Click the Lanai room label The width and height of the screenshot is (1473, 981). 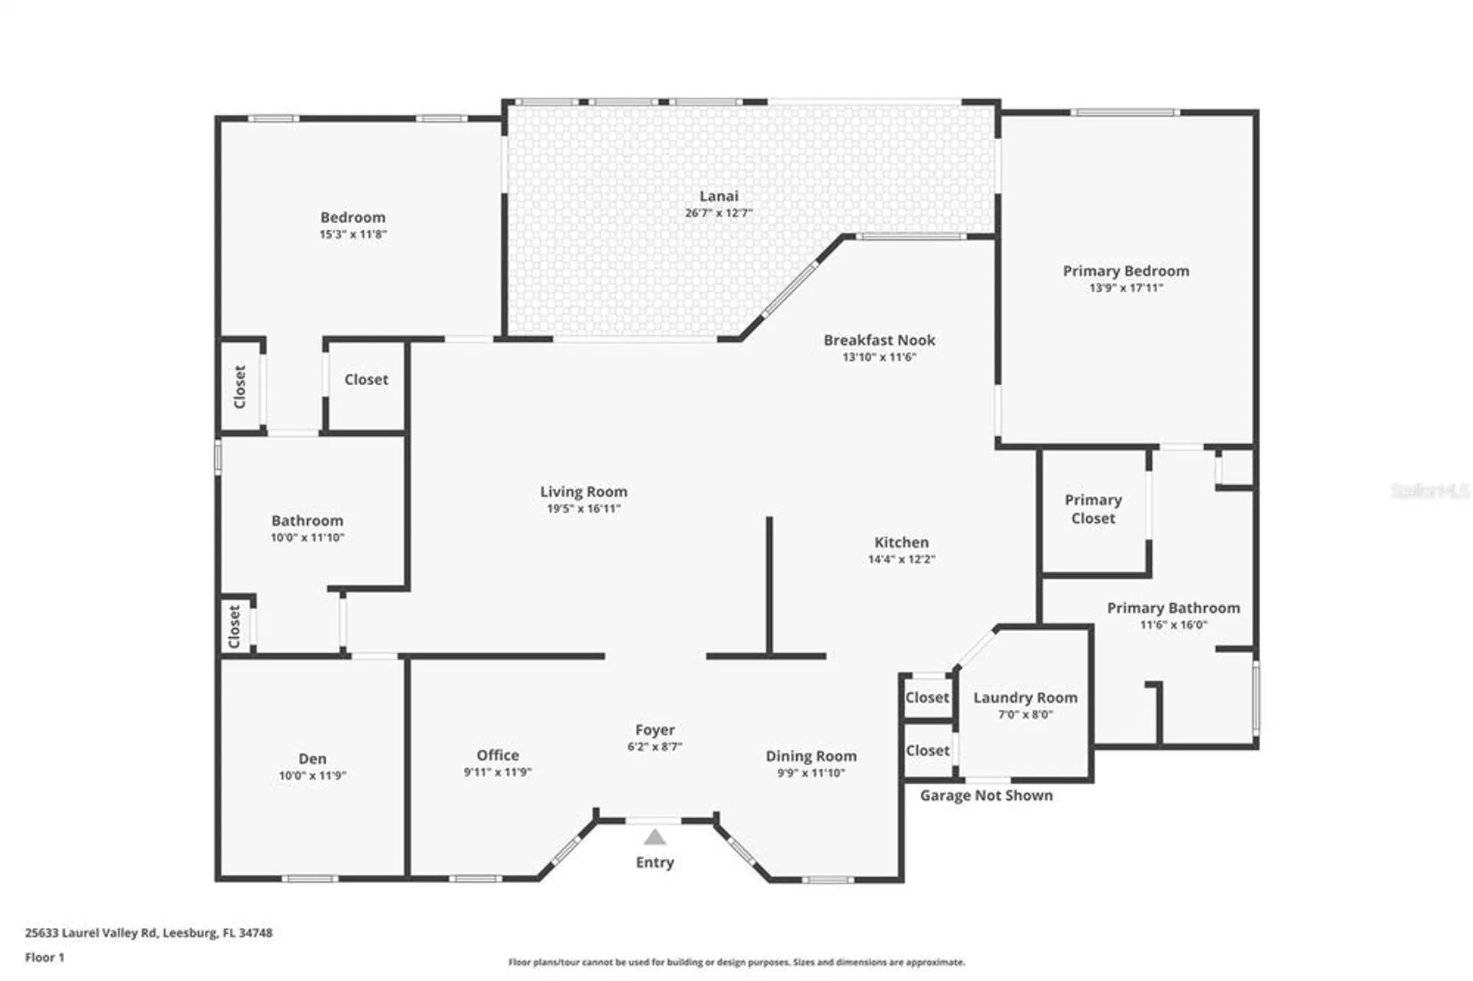point(718,196)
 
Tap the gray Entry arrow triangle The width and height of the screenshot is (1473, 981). point(655,837)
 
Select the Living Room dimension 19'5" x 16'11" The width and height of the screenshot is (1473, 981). point(583,509)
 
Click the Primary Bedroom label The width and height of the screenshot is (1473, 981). point(1125,271)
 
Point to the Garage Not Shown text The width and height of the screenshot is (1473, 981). point(986,795)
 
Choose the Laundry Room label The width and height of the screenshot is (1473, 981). point(1025,697)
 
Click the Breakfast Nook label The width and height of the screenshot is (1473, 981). point(879,340)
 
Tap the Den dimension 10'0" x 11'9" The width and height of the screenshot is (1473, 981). point(312,776)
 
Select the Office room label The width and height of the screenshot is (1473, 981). point(497,755)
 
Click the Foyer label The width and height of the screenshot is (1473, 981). point(655,730)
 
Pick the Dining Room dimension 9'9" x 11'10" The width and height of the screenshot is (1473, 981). point(811,773)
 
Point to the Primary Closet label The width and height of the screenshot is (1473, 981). point(1093,509)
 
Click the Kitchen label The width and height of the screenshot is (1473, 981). point(901,542)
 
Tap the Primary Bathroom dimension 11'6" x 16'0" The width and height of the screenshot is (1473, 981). point(1173,625)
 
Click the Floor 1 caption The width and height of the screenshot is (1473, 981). point(45,957)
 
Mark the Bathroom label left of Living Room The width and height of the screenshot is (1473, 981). point(307,521)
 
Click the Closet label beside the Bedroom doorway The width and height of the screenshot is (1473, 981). point(366,379)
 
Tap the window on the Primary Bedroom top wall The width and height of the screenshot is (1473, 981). point(1125,113)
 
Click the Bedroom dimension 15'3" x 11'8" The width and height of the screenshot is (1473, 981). point(353,234)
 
